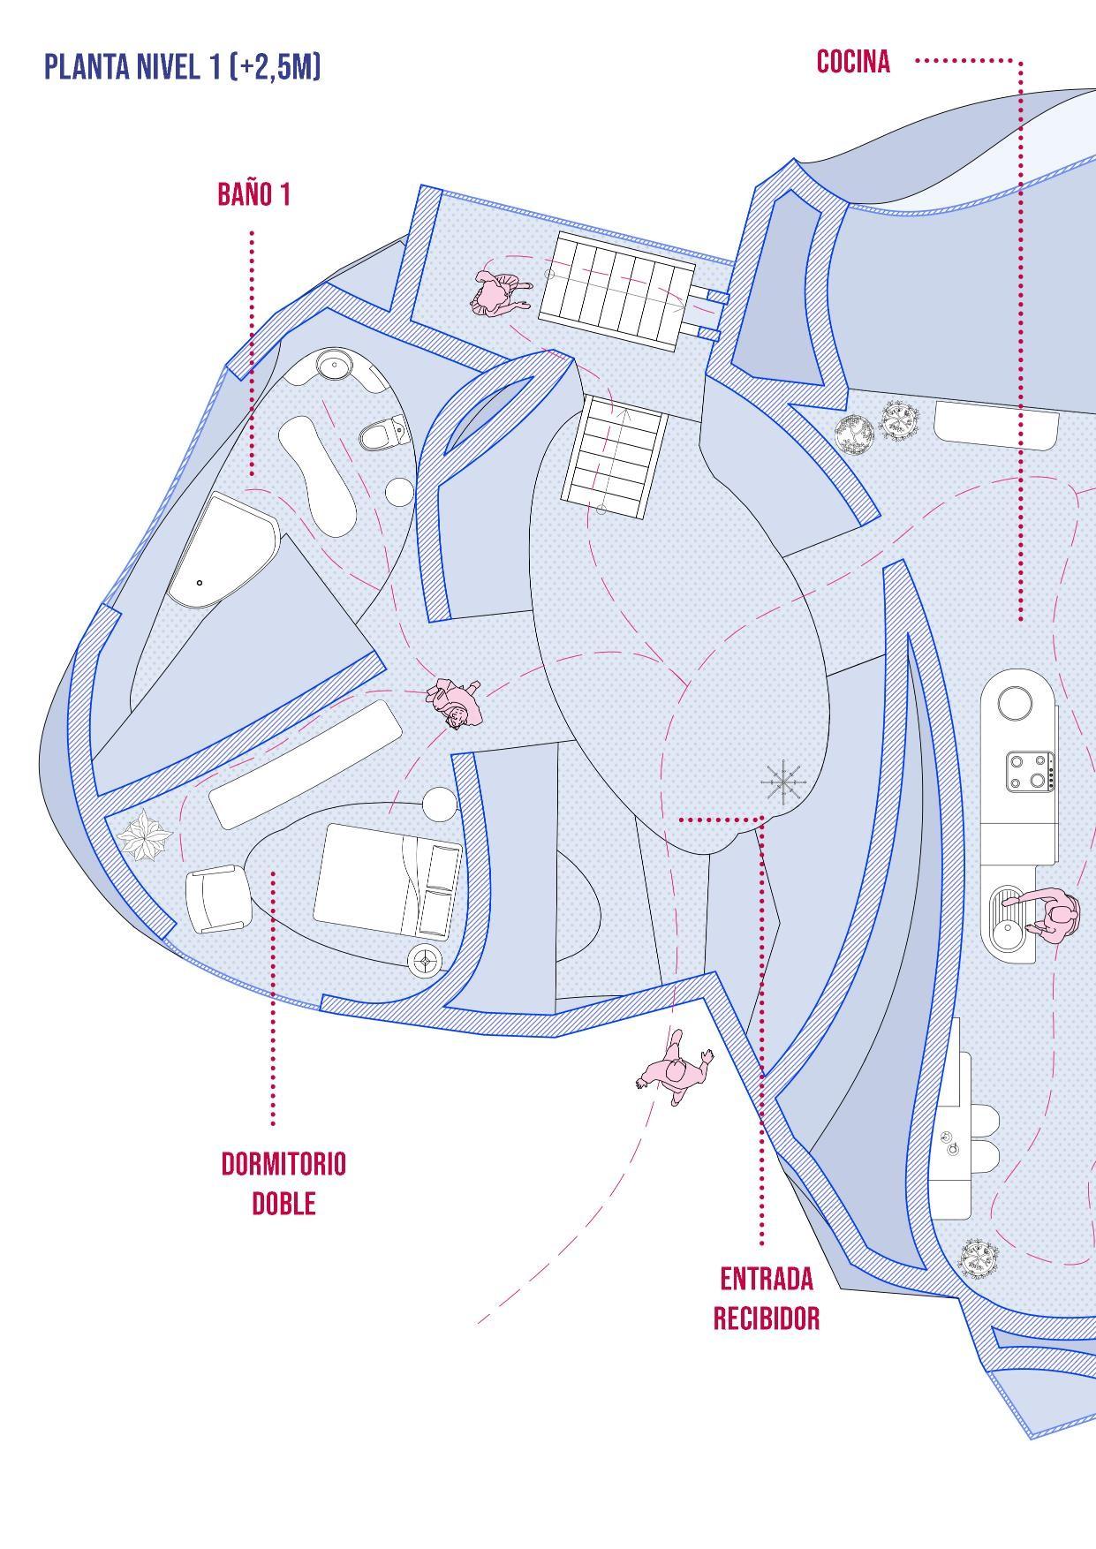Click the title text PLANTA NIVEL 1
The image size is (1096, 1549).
182,67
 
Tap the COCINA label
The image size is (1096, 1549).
853,62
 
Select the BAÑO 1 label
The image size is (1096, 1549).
253,195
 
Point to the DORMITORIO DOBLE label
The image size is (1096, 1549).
283,1183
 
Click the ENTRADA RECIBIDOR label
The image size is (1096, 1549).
766,1298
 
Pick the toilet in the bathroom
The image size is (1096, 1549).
383,434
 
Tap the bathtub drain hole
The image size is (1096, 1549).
200,583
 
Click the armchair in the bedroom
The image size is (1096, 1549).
215,898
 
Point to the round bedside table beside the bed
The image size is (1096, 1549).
440,804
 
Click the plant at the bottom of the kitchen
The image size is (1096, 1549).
979,1258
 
